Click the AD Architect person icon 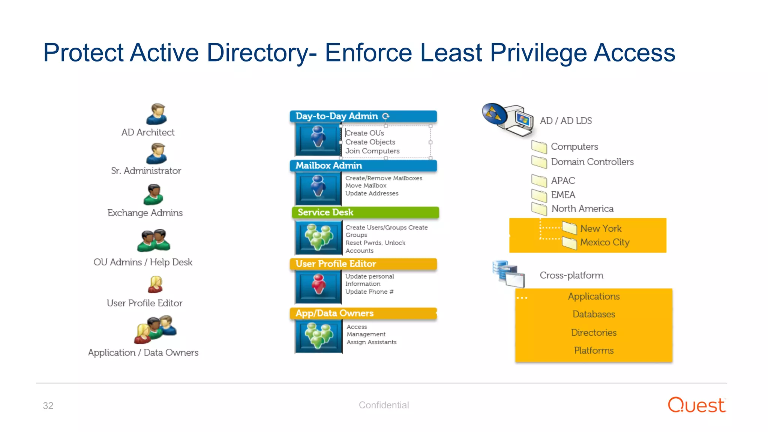click(156, 114)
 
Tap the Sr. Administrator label click(146, 171)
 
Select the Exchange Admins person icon click(153, 194)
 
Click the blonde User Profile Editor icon click(155, 285)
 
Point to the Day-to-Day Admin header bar click(363, 116)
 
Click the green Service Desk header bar click(365, 212)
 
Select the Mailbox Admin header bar click(363, 165)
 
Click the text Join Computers click(372, 151)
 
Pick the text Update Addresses click(372, 193)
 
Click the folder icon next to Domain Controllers click(539, 162)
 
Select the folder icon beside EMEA click(539, 195)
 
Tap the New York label click(601, 228)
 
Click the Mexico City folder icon click(569, 243)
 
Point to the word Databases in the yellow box click(594, 314)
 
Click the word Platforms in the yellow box click(594, 350)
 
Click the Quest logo click(697, 405)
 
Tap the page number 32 click(48, 406)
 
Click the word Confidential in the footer click(384, 405)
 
